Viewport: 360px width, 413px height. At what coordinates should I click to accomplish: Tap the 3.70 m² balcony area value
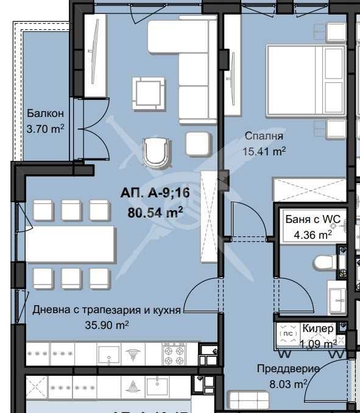click(46, 129)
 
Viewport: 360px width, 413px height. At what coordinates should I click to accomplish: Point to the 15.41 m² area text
click(265, 150)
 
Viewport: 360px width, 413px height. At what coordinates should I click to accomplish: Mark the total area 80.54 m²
click(156, 213)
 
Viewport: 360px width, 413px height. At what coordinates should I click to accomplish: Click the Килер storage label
click(318, 328)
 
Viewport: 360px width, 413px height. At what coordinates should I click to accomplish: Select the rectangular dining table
click(71, 244)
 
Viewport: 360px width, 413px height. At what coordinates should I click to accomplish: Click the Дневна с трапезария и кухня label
click(107, 309)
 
